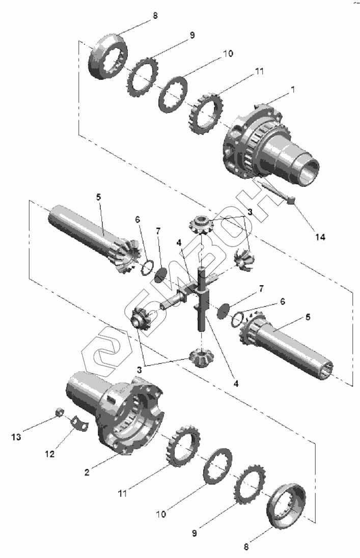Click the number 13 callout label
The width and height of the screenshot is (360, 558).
point(16,437)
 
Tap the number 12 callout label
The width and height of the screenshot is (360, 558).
point(49,454)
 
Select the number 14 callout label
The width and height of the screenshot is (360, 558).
point(320,237)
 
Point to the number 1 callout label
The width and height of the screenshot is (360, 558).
point(293,90)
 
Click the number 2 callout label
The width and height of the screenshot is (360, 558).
point(87,472)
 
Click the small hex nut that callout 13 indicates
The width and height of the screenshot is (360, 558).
point(60,412)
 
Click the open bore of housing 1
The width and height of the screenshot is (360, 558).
point(309,172)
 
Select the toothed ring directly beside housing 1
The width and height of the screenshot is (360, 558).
point(204,111)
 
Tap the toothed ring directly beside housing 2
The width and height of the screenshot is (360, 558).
point(182,445)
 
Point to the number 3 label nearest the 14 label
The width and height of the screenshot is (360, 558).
point(250,212)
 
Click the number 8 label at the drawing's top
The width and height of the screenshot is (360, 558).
point(155,16)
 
